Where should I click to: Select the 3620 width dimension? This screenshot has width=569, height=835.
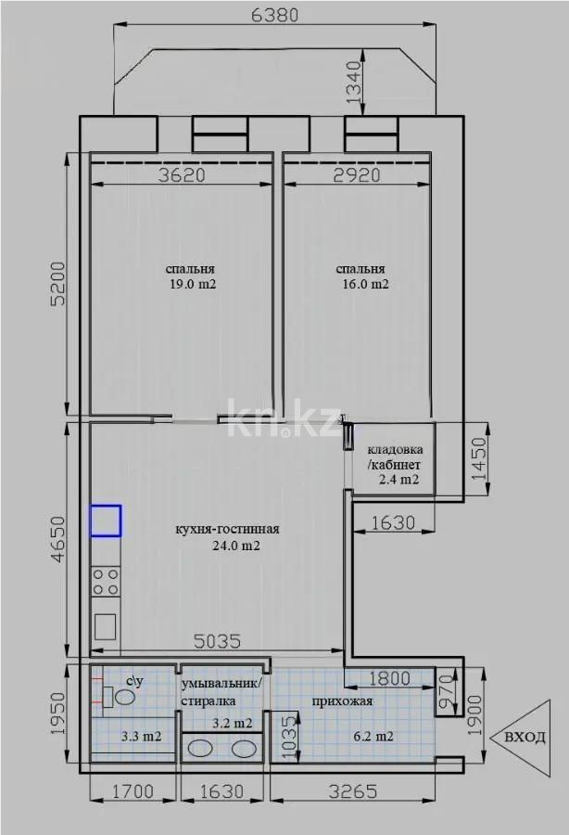[x=182, y=174]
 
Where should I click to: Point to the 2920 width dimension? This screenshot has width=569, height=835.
[x=356, y=174]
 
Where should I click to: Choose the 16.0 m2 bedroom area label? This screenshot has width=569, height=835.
[x=364, y=286]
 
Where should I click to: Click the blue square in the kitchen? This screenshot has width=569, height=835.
[x=106, y=520]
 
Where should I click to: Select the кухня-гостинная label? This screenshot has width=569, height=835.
[x=227, y=530]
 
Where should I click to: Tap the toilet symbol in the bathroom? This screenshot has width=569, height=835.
[x=119, y=699]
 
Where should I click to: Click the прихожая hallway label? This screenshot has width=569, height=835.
[x=342, y=701]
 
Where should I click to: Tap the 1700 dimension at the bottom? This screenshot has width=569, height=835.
[x=132, y=792]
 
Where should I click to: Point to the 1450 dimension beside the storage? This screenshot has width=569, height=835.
[x=478, y=456]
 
